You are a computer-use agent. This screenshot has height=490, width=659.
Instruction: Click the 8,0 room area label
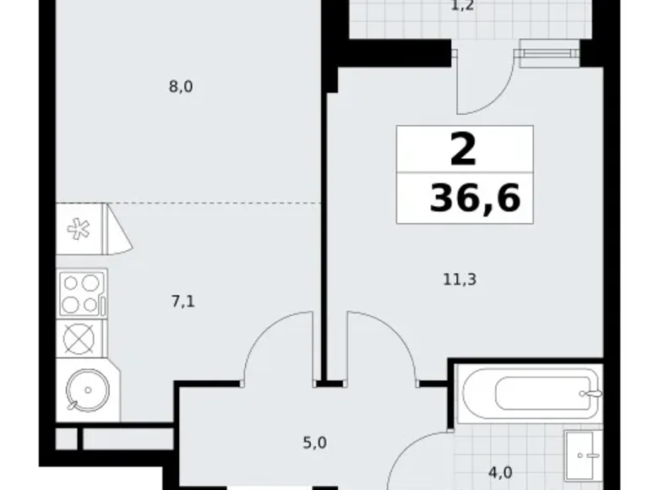[x=181, y=85]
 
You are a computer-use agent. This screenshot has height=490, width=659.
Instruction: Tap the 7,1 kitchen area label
[x=184, y=299]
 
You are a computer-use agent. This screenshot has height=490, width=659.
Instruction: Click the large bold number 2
[x=463, y=151]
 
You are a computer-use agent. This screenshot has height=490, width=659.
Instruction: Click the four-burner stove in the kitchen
[x=80, y=293]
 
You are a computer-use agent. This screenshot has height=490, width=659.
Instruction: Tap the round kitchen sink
[x=84, y=389]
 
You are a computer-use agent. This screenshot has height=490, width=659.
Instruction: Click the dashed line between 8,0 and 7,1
[x=211, y=204]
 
